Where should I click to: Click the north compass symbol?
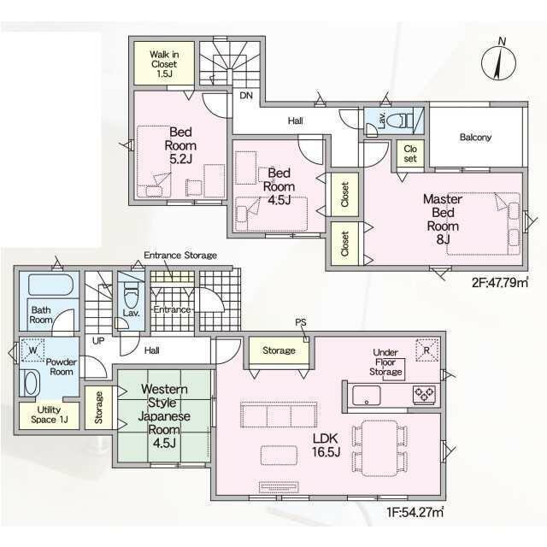point(499,62)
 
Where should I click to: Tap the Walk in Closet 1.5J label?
point(164,64)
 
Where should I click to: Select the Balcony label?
point(475,137)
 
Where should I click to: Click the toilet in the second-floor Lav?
point(397,121)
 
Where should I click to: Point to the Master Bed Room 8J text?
point(443,219)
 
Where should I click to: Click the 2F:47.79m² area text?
point(500,282)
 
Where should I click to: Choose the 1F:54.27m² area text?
point(415,513)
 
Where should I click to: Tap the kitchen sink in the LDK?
point(367,395)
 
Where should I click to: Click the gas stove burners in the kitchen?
point(424,395)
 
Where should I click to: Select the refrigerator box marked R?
point(427,350)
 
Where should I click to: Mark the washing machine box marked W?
point(32,350)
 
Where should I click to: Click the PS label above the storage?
point(301,322)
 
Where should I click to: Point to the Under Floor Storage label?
point(385,362)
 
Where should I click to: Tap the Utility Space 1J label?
point(50,415)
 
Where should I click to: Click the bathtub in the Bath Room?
point(50,285)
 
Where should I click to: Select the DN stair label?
point(246,96)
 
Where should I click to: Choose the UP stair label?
point(98,340)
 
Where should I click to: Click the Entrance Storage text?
point(180,256)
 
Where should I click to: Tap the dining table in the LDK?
point(379,448)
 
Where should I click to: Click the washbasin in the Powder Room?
point(32,383)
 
